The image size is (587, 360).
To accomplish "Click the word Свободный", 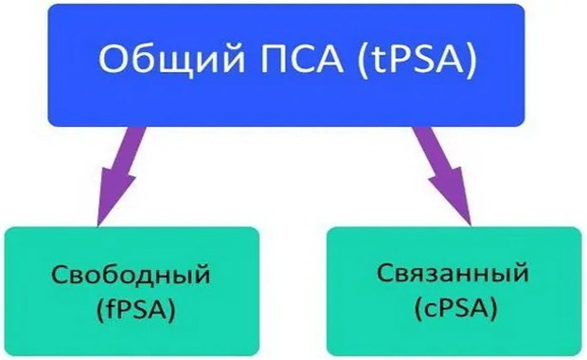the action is [130, 277].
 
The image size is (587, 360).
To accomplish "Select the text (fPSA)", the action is [131, 308].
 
